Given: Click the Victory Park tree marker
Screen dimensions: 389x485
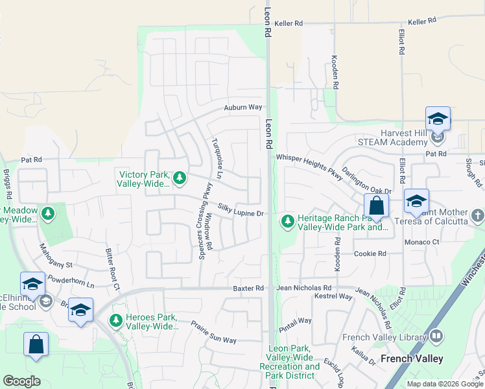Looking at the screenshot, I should click(180, 176).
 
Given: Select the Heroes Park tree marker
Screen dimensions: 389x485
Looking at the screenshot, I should click(116, 320).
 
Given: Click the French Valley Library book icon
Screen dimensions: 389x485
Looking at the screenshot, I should click(436, 336).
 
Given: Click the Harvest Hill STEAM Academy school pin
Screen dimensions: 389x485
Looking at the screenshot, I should click(438, 119).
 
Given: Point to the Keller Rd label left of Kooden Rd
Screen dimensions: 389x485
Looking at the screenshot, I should click(289, 23).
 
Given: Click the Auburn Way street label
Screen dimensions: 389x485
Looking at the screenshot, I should click(243, 107).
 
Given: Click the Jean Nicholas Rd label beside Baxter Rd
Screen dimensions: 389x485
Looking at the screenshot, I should click(303, 288).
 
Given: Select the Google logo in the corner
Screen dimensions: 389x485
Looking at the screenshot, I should click(21, 381).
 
